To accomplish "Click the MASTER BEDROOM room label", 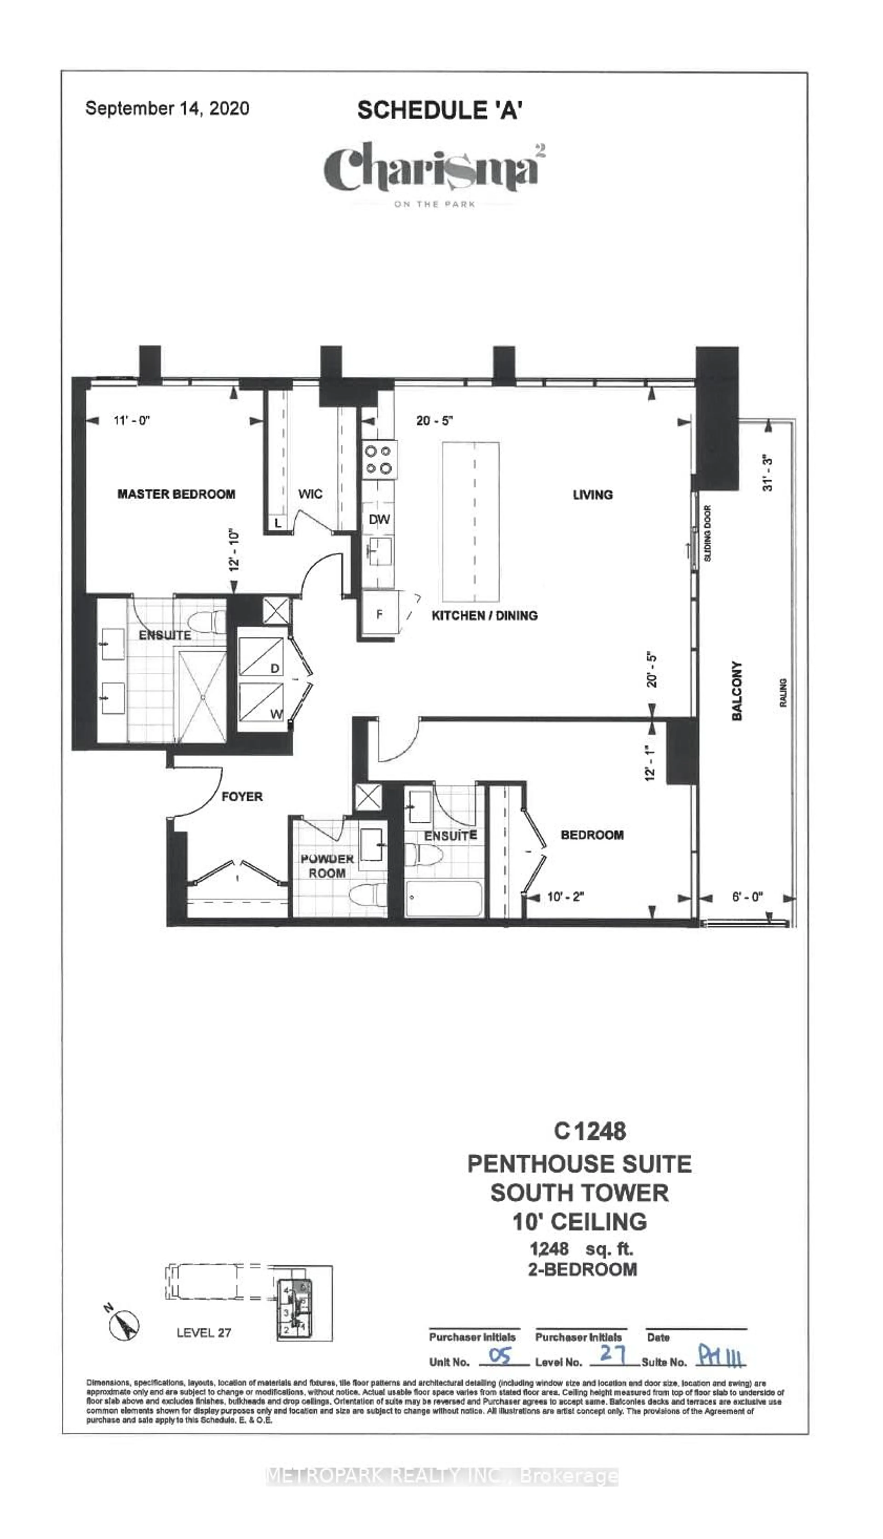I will [176, 494].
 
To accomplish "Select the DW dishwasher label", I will [379, 519].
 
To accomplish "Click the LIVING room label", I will [593, 495].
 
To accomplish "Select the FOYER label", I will [242, 796].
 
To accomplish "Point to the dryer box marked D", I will [261, 657].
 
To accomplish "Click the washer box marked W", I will [261, 701].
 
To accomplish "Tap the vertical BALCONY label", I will [737, 691].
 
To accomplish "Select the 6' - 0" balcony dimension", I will [747, 896].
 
